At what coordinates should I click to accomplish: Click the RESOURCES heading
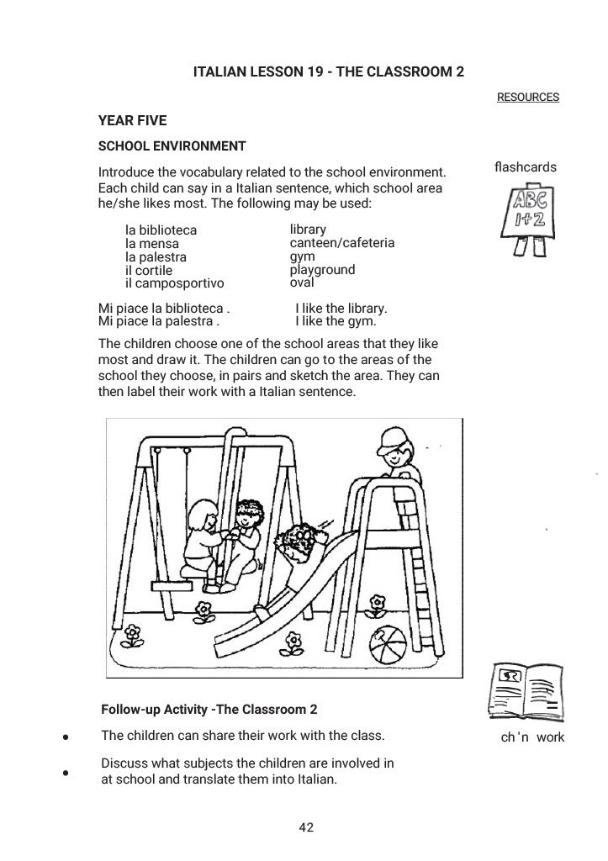pyautogui.click(x=527, y=98)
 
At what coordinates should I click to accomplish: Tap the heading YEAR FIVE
pyautogui.click(x=132, y=121)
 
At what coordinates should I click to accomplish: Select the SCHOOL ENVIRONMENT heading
pyautogui.click(x=172, y=146)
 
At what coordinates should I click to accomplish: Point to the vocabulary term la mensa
pyautogui.click(x=152, y=244)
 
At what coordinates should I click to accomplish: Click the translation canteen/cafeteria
pyautogui.click(x=341, y=243)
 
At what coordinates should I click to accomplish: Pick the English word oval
pyautogui.click(x=301, y=283)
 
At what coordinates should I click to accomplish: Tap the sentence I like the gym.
pyautogui.click(x=336, y=321)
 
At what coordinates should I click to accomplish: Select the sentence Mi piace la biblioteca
pyautogui.click(x=164, y=308)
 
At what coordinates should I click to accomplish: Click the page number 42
pyautogui.click(x=306, y=828)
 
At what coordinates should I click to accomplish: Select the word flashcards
pyautogui.click(x=526, y=167)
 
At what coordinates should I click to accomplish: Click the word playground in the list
pyautogui.click(x=322, y=270)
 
